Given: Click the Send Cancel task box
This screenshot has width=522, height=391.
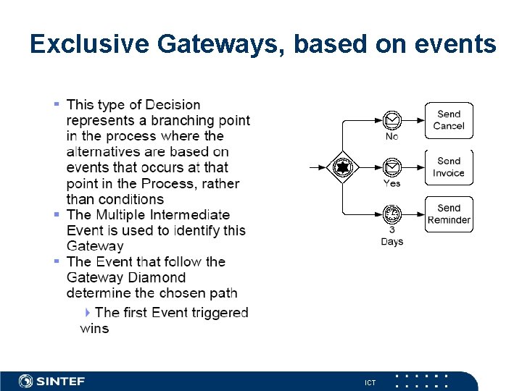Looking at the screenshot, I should (449, 120).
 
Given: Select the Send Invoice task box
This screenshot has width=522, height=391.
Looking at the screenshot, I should (449, 167).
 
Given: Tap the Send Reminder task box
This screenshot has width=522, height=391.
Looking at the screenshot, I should (449, 214).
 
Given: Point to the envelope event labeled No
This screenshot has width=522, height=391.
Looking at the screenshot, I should (391, 119).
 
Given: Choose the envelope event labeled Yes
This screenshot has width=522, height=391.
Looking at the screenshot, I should (391, 167).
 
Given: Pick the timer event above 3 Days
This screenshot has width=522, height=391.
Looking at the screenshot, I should (391, 214).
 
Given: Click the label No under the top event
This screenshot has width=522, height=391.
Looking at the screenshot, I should (391, 137).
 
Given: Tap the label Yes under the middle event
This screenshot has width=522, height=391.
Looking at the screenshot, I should (391, 184).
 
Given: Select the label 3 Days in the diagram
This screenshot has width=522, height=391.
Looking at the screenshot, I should (391, 236).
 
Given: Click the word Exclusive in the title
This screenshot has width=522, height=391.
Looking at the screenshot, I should (88, 45).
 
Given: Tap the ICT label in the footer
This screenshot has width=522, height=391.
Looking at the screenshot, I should (370, 382).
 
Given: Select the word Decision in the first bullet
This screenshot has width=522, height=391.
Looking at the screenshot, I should (173, 106).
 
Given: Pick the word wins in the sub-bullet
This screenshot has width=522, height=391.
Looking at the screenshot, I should (94, 329).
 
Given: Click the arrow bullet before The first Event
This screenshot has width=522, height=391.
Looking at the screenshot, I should (88, 312).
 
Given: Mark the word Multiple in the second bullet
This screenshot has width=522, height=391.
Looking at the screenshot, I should (126, 215).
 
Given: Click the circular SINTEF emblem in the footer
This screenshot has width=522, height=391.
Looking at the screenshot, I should (26, 381).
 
